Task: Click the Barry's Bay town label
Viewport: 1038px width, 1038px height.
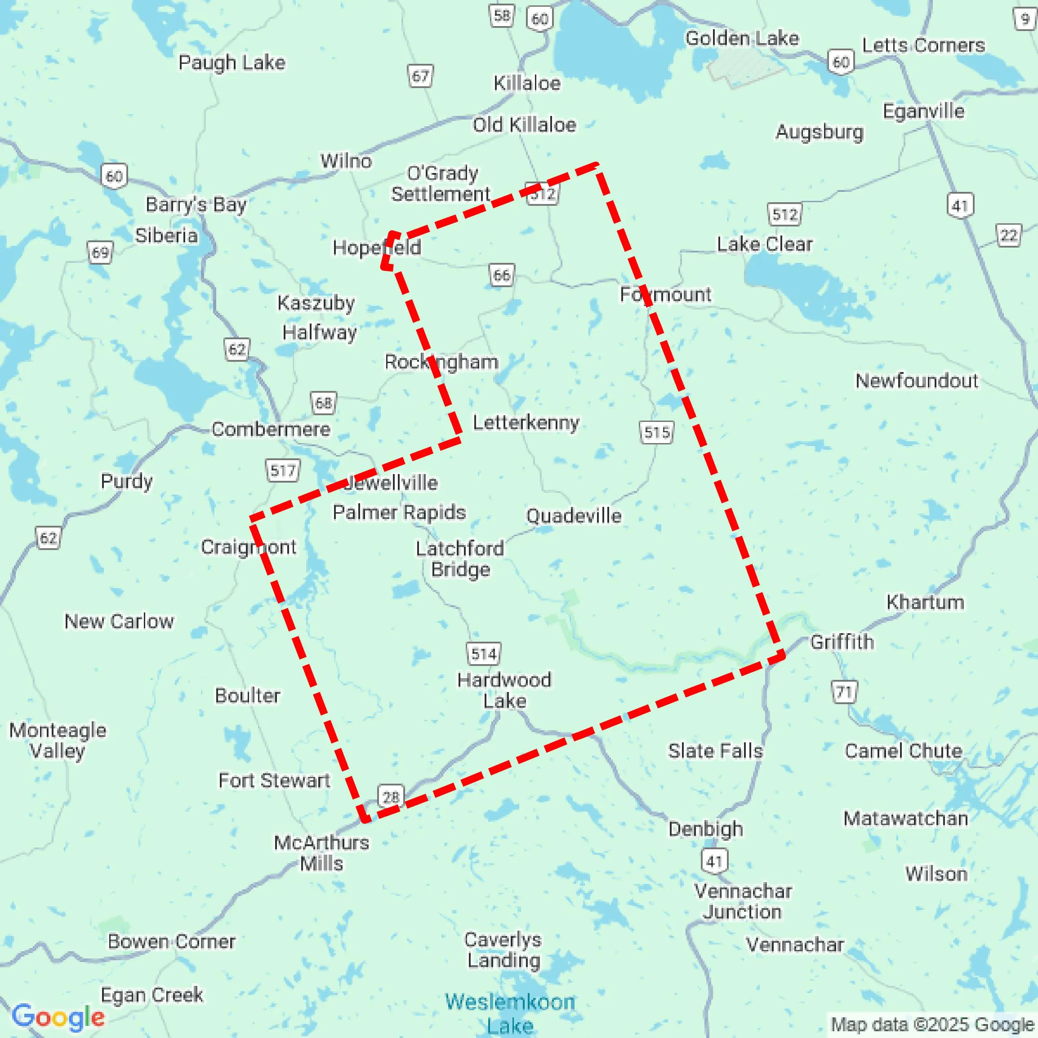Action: pyautogui.click(x=196, y=205)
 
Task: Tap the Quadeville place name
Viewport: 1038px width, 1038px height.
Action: pyautogui.click(x=574, y=516)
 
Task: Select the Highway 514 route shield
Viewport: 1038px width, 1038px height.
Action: pyautogui.click(x=483, y=654)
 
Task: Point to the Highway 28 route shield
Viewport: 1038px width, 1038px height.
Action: pyautogui.click(x=391, y=796)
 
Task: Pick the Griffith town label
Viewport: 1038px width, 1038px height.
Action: pyautogui.click(x=842, y=642)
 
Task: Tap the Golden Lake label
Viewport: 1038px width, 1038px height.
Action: pyautogui.click(x=742, y=38)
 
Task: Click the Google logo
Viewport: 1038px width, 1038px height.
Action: pyautogui.click(x=58, y=1016)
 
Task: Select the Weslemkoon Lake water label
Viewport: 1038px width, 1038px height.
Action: pyautogui.click(x=510, y=1013)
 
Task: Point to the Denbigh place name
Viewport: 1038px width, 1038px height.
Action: pyautogui.click(x=705, y=829)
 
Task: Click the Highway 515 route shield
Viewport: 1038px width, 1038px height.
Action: pyautogui.click(x=657, y=432)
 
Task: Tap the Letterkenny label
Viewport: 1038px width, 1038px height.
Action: pyautogui.click(x=526, y=423)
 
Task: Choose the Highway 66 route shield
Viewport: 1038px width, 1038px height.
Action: pyautogui.click(x=502, y=275)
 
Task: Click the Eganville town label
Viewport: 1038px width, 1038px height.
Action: pyautogui.click(x=923, y=111)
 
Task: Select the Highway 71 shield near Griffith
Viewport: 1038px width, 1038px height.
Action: pyautogui.click(x=844, y=692)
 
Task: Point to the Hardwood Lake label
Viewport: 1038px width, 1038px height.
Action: pyautogui.click(x=504, y=690)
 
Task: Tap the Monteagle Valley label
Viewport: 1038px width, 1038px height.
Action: pyautogui.click(x=58, y=741)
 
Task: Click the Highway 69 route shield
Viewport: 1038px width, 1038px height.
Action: pyautogui.click(x=100, y=253)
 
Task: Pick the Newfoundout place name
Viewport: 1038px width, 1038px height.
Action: pyautogui.click(x=917, y=381)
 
